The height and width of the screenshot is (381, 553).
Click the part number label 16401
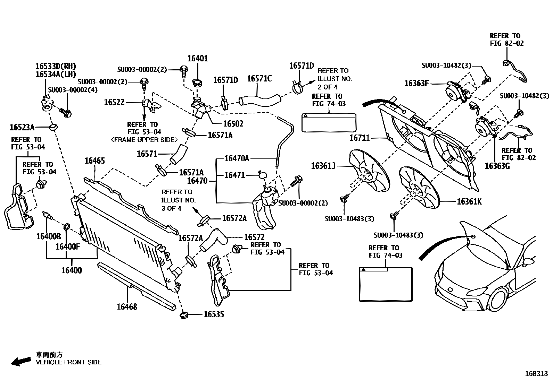pos(197,59)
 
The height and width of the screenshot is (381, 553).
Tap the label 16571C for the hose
pos(259,79)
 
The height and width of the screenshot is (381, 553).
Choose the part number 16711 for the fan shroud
pos(360,138)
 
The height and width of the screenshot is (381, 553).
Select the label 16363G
pos(497,166)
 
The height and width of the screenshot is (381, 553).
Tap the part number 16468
pos(127,306)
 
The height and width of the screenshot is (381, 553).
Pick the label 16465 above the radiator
pos(94,161)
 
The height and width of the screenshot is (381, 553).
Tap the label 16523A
pos(22,127)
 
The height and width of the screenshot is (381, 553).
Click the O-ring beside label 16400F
pos(67,227)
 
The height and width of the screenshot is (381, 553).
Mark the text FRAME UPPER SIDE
pos(144,140)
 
